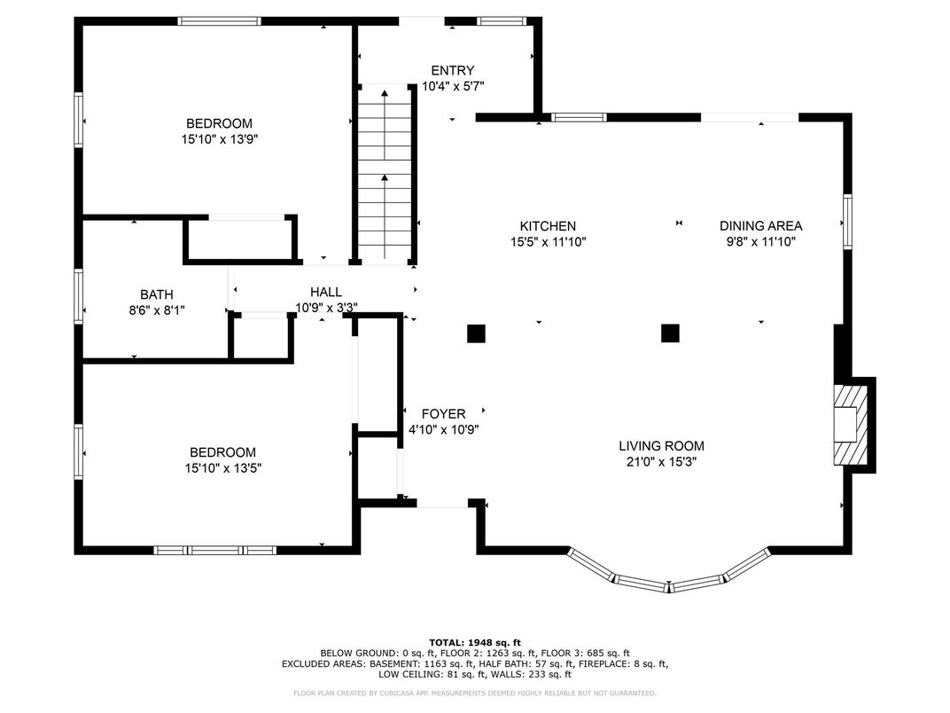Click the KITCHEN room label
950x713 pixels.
(x=549, y=226)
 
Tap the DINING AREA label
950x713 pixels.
(x=761, y=226)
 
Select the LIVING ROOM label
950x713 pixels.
(x=662, y=446)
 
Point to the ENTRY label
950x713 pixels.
(x=453, y=70)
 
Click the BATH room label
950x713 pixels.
(x=157, y=294)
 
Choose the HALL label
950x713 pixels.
(x=326, y=293)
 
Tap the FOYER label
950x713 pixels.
(x=443, y=414)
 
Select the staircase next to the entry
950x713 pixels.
(x=385, y=175)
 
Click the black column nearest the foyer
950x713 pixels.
(x=476, y=333)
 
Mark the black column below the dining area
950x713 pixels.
(x=670, y=333)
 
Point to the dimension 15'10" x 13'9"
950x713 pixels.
(x=220, y=139)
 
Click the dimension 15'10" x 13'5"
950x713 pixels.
(x=223, y=468)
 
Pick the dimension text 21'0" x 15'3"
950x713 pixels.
(x=662, y=462)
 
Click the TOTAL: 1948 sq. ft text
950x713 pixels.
(x=475, y=643)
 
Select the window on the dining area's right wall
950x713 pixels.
(x=847, y=222)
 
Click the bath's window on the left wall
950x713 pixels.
(x=78, y=296)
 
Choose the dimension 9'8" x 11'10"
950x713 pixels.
(x=761, y=242)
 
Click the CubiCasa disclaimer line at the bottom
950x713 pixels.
(x=475, y=693)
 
